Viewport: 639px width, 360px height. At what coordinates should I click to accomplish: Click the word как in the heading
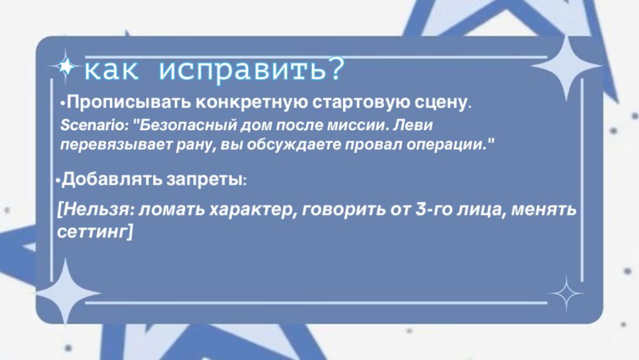[111, 70]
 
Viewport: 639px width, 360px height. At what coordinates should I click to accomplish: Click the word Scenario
[92, 125]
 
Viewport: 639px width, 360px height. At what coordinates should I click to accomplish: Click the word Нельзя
[97, 210]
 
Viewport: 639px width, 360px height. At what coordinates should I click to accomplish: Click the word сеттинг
[92, 232]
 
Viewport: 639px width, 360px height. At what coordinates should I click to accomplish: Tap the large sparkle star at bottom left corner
[65, 292]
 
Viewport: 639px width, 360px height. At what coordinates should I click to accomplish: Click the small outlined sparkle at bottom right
[566, 294]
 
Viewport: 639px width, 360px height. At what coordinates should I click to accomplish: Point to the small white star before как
[66, 66]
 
